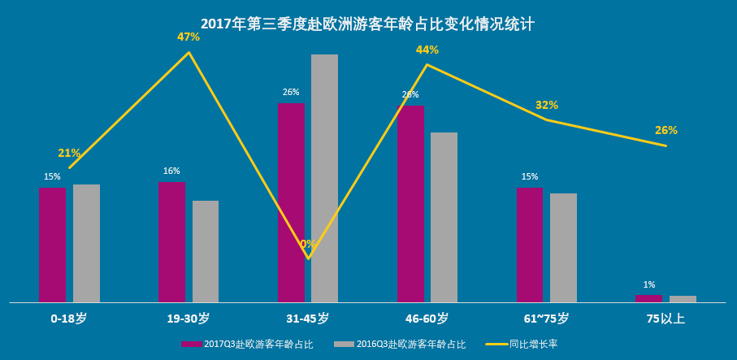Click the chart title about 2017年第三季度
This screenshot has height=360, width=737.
click(x=367, y=24)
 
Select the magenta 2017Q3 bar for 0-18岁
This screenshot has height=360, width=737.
click(x=52, y=245)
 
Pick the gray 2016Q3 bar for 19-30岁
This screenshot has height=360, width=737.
click(x=206, y=251)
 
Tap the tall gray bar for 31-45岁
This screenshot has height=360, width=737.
click(x=324, y=178)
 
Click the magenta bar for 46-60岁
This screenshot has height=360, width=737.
click(x=410, y=203)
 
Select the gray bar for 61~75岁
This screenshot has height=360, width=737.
click(x=563, y=247)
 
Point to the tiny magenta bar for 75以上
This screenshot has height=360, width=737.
click(x=648, y=298)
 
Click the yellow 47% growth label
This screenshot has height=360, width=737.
click(x=189, y=37)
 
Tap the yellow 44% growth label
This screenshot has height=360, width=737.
click(x=427, y=50)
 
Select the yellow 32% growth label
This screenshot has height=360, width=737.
click(x=547, y=105)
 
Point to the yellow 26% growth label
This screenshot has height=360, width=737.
click(x=666, y=130)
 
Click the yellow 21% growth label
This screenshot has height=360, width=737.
click(x=69, y=153)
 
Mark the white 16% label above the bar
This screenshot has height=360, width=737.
click(x=171, y=171)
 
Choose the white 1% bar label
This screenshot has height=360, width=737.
click(x=649, y=284)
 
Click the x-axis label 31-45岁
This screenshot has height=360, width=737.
click(x=307, y=319)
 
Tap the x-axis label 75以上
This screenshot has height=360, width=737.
click(x=665, y=319)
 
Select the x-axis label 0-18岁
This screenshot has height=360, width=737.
click(x=68, y=319)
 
